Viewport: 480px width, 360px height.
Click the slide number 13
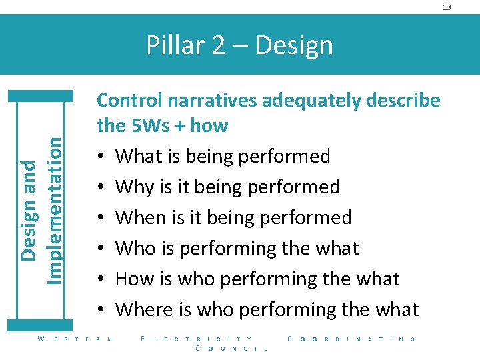point(447,7)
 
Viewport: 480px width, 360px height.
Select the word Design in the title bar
point(294,45)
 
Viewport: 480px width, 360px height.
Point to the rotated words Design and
point(29,211)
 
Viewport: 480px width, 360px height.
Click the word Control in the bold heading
point(131,100)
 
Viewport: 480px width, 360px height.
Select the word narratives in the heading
point(213,100)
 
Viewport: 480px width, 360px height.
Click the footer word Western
point(75,339)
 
